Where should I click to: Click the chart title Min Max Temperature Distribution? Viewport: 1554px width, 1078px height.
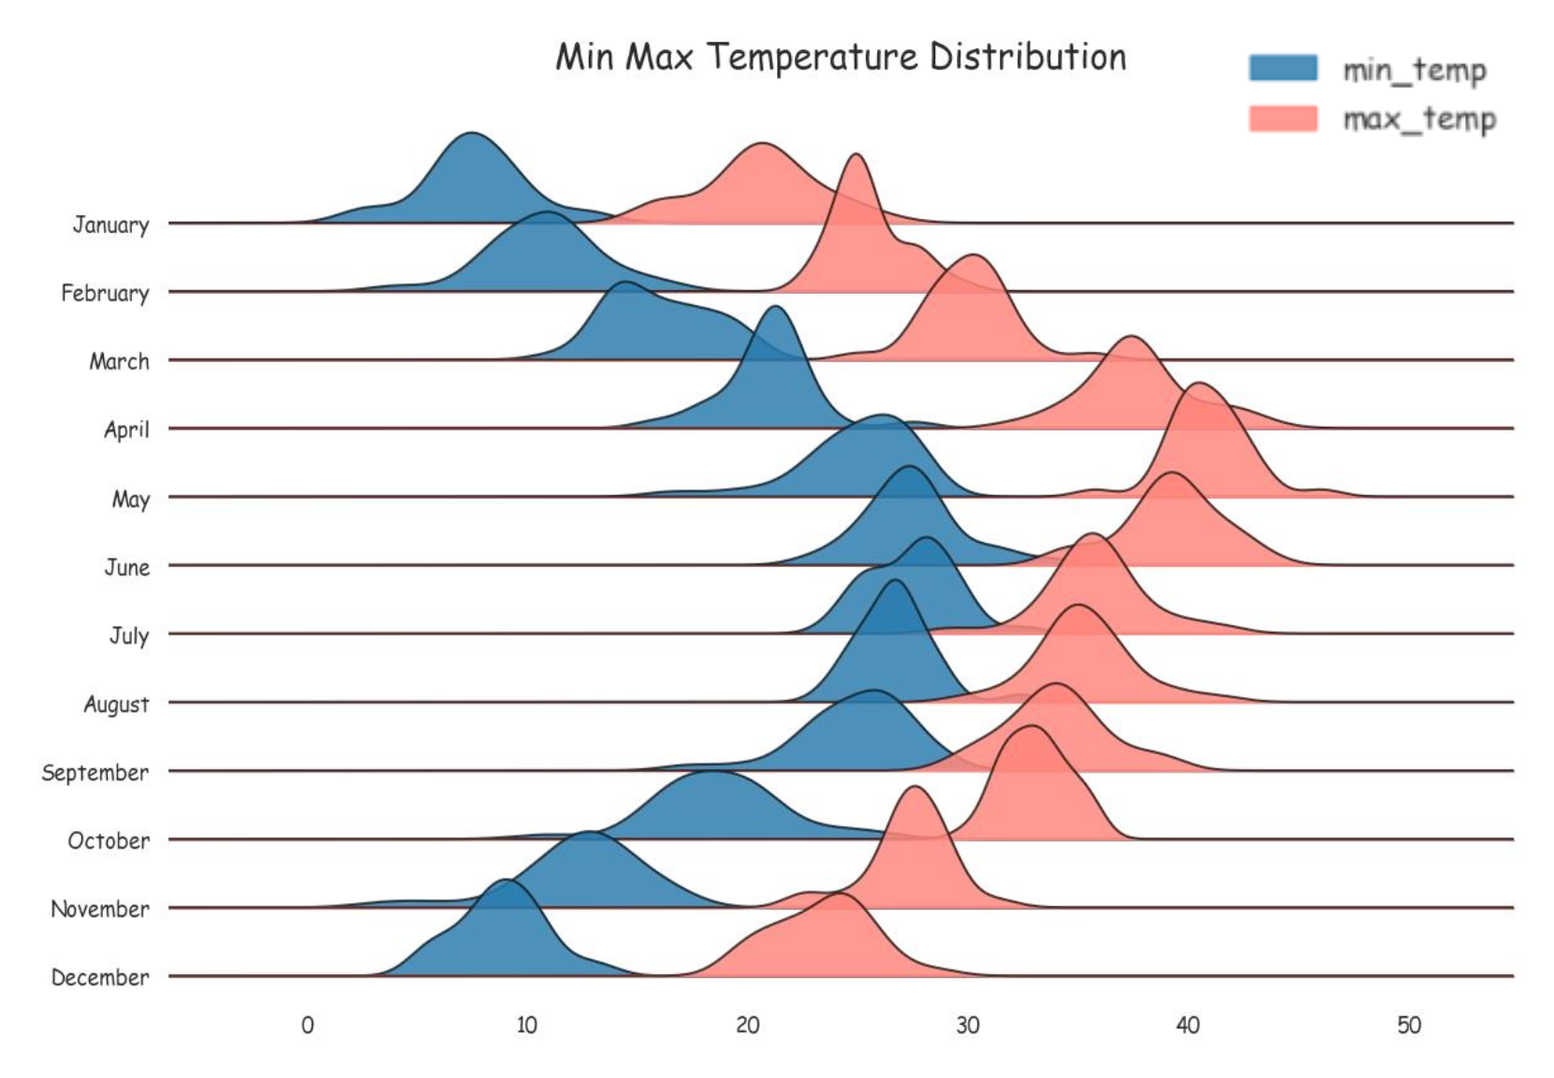tap(841, 57)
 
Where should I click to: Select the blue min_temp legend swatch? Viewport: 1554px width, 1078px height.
tap(1283, 68)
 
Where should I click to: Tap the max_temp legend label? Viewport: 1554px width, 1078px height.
tap(1419, 119)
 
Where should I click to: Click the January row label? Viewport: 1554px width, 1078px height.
tap(110, 225)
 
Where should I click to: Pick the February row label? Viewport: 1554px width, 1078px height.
tap(105, 293)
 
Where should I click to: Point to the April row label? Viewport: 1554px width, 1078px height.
tap(126, 430)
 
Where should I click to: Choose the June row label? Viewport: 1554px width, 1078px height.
tap(126, 567)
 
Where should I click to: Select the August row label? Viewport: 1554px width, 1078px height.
tap(116, 704)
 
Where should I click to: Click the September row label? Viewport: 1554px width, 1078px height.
tap(95, 772)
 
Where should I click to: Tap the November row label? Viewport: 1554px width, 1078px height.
tap(99, 909)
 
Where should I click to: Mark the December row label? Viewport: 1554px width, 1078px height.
tap(99, 977)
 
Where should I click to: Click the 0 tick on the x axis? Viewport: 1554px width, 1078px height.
tap(307, 1026)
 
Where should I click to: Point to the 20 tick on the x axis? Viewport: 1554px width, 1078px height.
tap(747, 1026)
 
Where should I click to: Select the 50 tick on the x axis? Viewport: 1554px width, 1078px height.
tap(1408, 1026)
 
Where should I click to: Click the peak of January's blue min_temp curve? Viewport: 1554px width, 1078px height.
tap(473, 134)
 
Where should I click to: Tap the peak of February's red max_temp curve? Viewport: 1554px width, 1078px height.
tap(856, 155)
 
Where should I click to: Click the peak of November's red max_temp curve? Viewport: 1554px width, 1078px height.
tap(915, 788)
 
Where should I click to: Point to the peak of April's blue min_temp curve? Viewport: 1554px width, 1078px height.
tap(774, 308)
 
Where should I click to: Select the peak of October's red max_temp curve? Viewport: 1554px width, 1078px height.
tap(1031, 727)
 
